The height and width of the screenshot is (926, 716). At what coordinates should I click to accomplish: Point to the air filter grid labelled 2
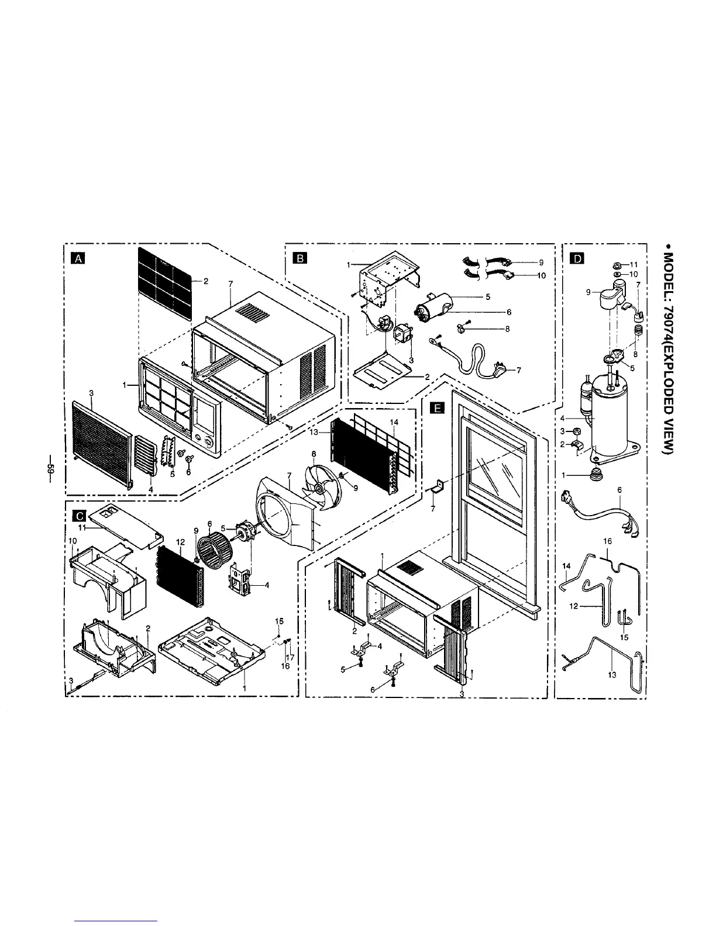[x=165, y=283]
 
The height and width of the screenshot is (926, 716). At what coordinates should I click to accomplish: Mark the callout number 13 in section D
[x=612, y=675]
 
